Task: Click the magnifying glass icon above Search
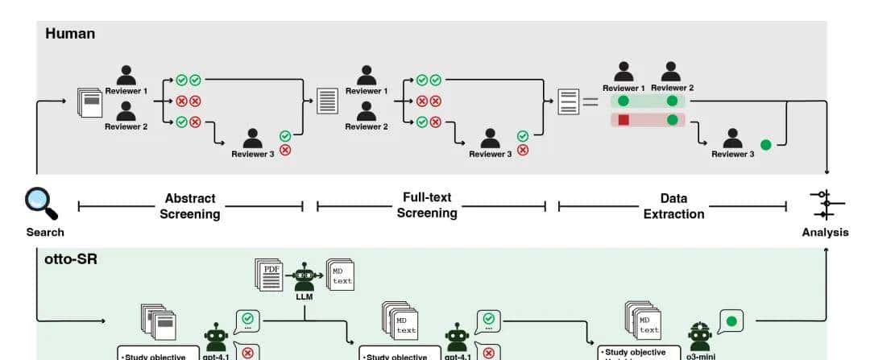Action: click(x=40, y=202)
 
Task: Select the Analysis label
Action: click(x=826, y=233)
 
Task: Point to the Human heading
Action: click(x=69, y=34)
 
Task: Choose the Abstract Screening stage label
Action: click(x=190, y=206)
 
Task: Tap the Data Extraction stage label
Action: click(x=673, y=206)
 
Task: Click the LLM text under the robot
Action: click(x=304, y=296)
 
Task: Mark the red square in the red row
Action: click(x=623, y=120)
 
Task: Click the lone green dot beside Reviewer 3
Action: click(x=765, y=145)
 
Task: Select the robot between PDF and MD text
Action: click(x=304, y=276)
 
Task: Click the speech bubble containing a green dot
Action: click(x=731, y=322)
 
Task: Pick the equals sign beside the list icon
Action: click(x=591, y=102)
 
